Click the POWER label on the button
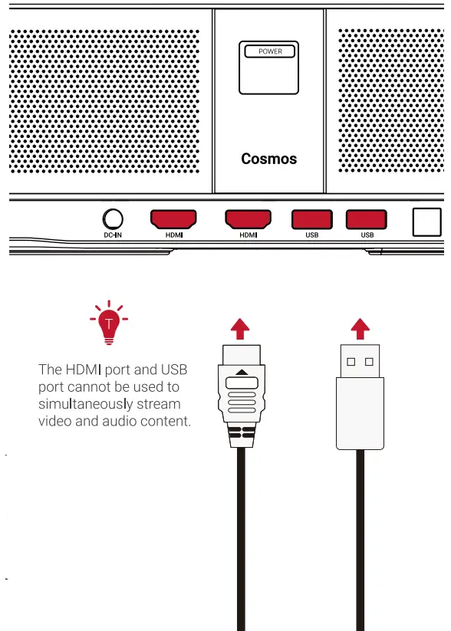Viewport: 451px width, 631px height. coord(269,51)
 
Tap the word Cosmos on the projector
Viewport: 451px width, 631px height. coord(268,159)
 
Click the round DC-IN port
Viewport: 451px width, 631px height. coord(113,219)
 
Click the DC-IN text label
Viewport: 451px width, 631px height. coord(113,235)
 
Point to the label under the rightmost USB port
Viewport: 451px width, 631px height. coord(367,235)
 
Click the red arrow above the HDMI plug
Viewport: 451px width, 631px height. coord(241,329)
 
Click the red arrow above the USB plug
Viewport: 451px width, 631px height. coord(360,329)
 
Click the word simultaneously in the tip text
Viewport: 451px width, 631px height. coord(85,403)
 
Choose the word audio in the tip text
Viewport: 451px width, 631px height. coord(117,421)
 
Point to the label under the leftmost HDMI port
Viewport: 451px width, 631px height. coord(173,235)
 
